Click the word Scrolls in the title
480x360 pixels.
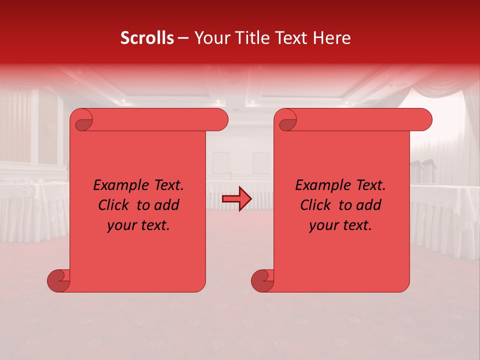tap(147, 38)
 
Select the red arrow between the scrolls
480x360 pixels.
tap(237, 199)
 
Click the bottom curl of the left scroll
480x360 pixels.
tap(59, 280)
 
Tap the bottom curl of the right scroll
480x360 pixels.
tap(262, 280)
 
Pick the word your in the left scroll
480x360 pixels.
tap(121, 225)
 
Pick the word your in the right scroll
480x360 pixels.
tap(323, 225)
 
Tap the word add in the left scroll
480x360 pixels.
tap(166, 205)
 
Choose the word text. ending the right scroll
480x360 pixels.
tap(356, 225)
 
